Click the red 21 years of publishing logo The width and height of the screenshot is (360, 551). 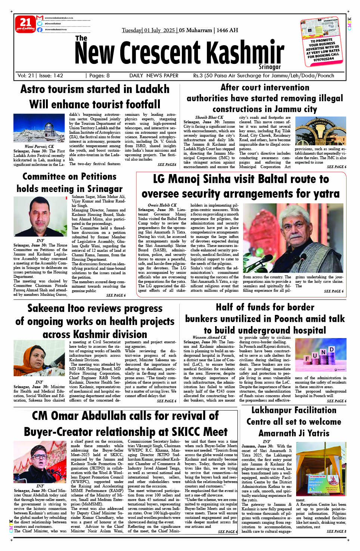25,24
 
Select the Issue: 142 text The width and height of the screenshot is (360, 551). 51,75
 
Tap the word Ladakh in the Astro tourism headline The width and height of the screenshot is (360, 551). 150,89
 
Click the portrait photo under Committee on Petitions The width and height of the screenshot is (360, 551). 40,217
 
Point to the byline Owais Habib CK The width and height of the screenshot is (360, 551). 162,205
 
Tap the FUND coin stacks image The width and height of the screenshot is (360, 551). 320,355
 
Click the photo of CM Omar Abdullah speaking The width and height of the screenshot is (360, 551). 40,462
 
